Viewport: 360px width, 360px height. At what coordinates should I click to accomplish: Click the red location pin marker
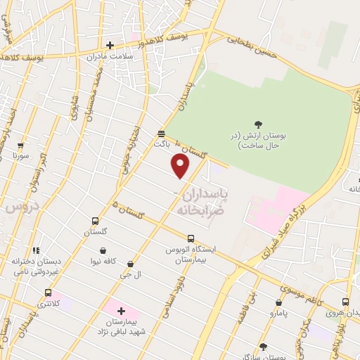coord(181,166)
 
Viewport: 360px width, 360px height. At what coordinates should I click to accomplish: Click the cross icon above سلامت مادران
coord(110,46)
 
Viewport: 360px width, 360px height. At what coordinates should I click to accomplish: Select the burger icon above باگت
coord(162,133)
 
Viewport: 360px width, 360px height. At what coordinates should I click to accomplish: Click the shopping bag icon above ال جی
coord(131,264)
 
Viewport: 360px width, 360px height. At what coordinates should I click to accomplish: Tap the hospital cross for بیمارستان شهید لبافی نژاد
coord(120,310)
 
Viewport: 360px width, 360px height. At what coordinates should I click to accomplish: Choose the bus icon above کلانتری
coord(48,293)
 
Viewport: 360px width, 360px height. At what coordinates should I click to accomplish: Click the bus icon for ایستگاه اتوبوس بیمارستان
coord(191,238)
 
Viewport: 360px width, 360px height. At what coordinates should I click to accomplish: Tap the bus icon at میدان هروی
coord(345,301)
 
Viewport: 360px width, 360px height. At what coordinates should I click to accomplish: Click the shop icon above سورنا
coord(20,146)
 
